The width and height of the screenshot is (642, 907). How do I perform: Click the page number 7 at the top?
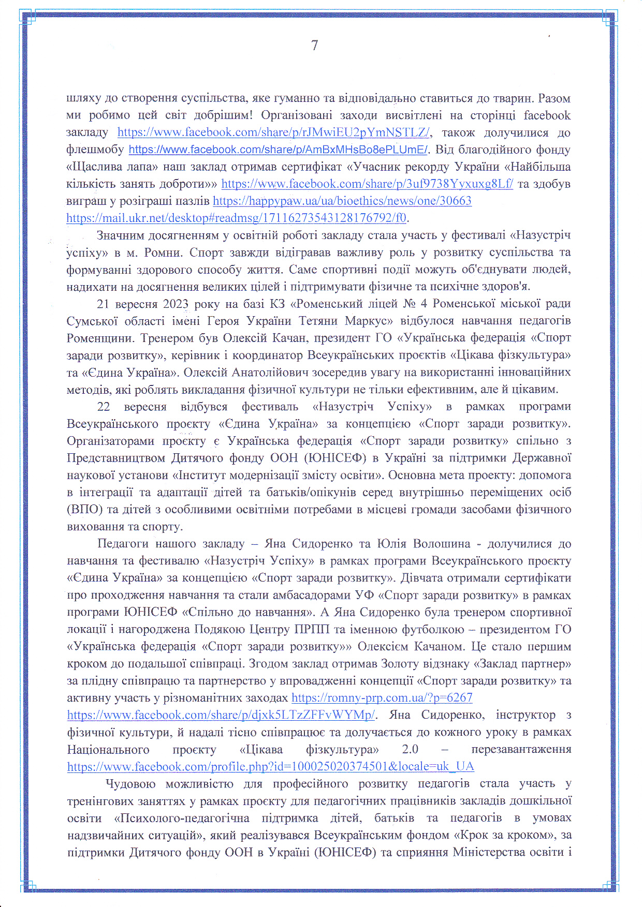pos(315,46)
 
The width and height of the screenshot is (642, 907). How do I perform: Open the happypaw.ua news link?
pos(342,201)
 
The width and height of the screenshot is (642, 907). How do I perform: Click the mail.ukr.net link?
pos(236,218)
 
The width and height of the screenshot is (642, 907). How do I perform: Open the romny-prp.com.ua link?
pos(382,697)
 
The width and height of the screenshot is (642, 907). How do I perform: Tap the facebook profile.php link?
pos(270,766)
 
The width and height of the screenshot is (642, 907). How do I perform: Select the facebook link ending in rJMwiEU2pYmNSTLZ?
pos(273,132)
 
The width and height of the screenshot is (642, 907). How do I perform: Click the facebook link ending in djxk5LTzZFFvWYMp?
pos(221,715)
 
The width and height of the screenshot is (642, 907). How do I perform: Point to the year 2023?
pos(176,304)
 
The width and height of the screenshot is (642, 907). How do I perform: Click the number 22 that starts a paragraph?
pos(104,407)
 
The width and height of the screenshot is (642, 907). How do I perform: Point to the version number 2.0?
pos(410,749)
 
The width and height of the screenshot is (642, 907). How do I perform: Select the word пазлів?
pos(194,201)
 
